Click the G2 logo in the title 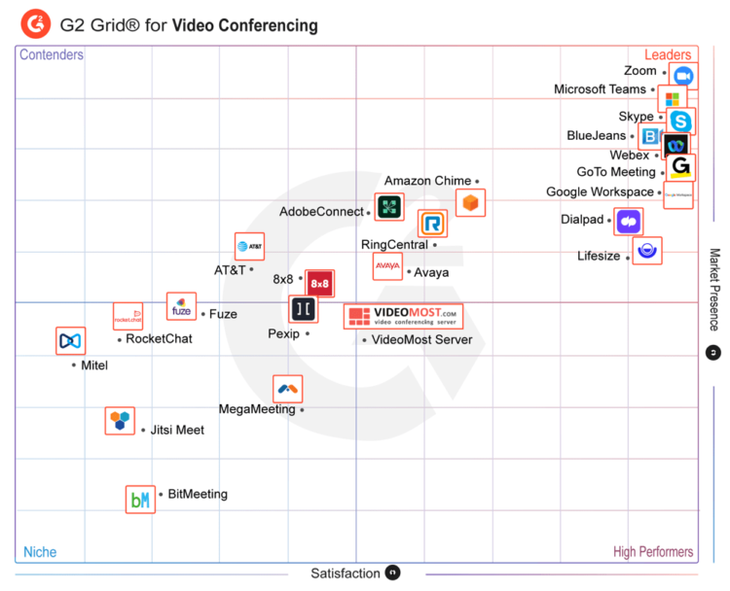tap(36, 22)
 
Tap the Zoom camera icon tap(683, 76)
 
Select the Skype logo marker tap(681, 122)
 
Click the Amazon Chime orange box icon tap(471, 202)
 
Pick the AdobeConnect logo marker tap(389, 207)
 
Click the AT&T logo tap(249, 247)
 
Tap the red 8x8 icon tap(319, 284)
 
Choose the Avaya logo tap(387, 265)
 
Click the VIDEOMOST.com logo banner tap(404, 316)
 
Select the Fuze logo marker tap(181, 306)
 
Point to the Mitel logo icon tap(71, 341)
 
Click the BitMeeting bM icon tap(140, 500)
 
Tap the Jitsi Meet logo tap(120, 421)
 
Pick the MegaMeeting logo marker tap(287, 389)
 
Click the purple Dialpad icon tap(629, 222)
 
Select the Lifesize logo tap(647, 251)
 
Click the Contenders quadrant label tap(52, 55)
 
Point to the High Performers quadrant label tap(653, 552)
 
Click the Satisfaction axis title tap(345, 574)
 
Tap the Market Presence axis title tap(713, 290)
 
